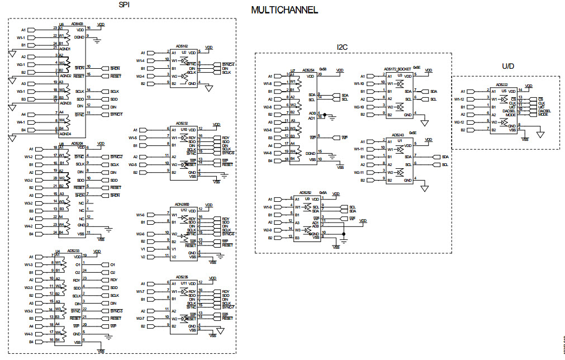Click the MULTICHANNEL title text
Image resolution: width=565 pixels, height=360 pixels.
coord(284,10)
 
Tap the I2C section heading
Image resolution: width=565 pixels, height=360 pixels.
coord(342,47)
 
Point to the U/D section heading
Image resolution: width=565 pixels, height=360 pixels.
coord(507,67)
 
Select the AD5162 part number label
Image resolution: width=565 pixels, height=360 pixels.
coord(182,46)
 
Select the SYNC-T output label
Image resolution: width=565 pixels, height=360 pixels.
coord(116,114)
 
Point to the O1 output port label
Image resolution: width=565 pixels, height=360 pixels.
coord(112,264)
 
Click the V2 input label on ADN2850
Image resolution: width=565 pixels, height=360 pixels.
coord(143,257)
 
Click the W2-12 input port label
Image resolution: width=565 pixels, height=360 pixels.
coord(459,122)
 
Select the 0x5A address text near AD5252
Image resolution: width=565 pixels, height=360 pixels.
coord(322,192)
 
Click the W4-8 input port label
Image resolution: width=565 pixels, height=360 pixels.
coord(267,153)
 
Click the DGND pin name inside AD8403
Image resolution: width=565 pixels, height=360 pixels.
coord(79,37)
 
